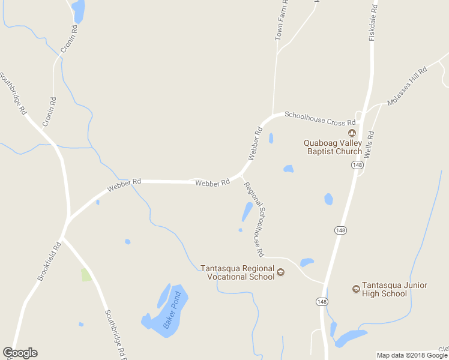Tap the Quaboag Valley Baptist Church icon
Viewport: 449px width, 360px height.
pos(352,133)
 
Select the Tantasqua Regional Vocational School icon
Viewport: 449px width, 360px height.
pos(280,272)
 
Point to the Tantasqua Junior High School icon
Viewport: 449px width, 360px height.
pos(356,289)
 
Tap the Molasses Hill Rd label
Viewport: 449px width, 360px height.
pos(407,86)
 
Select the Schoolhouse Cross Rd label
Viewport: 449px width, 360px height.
pos(320,118)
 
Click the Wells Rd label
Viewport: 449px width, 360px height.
pos(370,144)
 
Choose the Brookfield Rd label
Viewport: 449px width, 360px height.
pos(50,261)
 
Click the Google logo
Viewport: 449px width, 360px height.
pos(20,353)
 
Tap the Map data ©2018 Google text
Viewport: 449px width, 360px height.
pos(412,355)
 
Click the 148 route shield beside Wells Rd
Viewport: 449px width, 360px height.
pos(358,165)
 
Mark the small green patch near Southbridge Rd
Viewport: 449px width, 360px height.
pos(86,275)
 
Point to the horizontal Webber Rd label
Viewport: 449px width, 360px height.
pos(212,182)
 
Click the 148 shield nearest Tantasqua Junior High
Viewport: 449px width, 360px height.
pos(322,302)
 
